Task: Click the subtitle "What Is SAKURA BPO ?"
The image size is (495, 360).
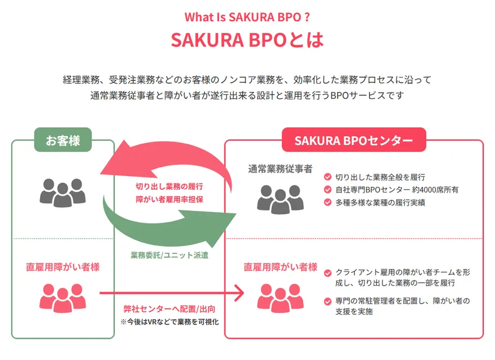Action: pyautogui.click(x=247, y=16)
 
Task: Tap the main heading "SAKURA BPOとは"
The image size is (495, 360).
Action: pyautogui.click(x=247, y=41)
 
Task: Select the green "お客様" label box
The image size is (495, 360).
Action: pyautogui.click(x=63, y=140)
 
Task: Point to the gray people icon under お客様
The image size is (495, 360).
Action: pyautogui.click(x=62, y=191)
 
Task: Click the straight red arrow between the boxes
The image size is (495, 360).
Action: pyautogui.click(x=171, y=292)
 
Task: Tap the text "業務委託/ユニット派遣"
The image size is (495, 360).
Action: pyautogui.click(x=169, y=255)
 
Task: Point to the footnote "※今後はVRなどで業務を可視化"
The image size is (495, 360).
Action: pyautogui.click(x=169, y=322)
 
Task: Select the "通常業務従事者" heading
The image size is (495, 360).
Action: pyautogui.click(x=280, y=169)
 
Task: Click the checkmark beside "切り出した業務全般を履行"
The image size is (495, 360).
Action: pyautogui.click(x=328, y=177)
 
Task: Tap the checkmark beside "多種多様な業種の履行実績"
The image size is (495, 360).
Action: pyautogui.click(x=328, y=203)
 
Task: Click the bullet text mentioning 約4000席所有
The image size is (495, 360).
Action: pyautogui.click(x=397, y=190)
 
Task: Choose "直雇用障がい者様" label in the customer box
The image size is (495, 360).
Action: pyautogui.click(x=62, y=267)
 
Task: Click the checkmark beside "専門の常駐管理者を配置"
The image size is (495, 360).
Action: pyautogui.click(x=328, y=301)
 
